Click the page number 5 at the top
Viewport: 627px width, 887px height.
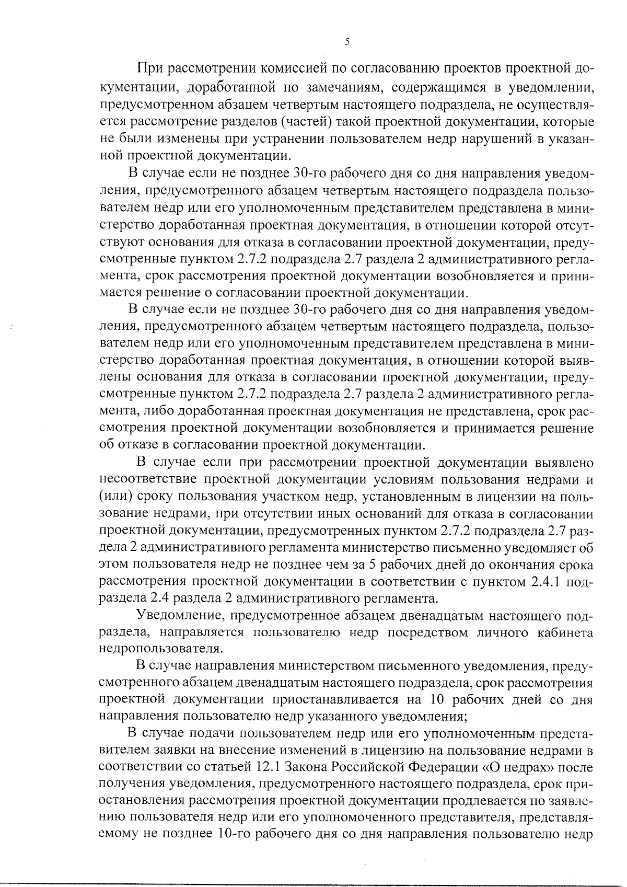pyautogui.click(x=347, y=42)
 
